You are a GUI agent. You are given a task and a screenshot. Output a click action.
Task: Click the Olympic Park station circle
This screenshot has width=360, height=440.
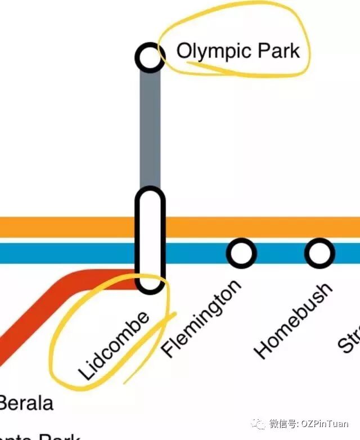150,57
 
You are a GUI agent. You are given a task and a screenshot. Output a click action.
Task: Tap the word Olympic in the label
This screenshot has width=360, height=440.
207,51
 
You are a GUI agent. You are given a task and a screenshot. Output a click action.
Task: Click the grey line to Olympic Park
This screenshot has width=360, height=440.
150,129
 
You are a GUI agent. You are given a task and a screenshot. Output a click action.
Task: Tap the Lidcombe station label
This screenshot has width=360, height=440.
115,345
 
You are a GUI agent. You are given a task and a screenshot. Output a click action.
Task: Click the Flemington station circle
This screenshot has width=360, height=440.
241,253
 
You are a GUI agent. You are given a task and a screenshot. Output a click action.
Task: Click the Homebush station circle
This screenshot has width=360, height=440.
319,253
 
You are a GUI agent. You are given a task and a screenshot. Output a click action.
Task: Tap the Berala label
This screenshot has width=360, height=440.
25,403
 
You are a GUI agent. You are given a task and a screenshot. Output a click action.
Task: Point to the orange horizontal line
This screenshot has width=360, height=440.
67,227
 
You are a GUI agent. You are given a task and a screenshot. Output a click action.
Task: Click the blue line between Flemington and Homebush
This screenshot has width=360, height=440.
280,253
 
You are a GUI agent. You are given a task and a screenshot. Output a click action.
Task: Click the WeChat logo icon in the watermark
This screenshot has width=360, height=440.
259,424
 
